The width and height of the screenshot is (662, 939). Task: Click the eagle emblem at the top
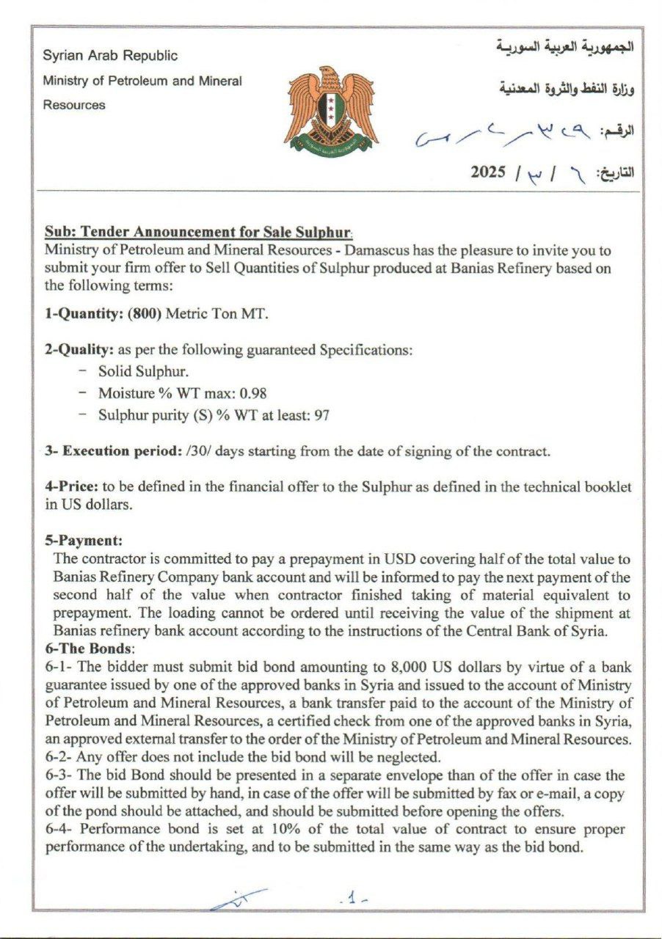331,109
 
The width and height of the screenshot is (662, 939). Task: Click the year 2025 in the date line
488,172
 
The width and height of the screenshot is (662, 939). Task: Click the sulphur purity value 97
321,415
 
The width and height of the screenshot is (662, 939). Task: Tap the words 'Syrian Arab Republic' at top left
110,56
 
